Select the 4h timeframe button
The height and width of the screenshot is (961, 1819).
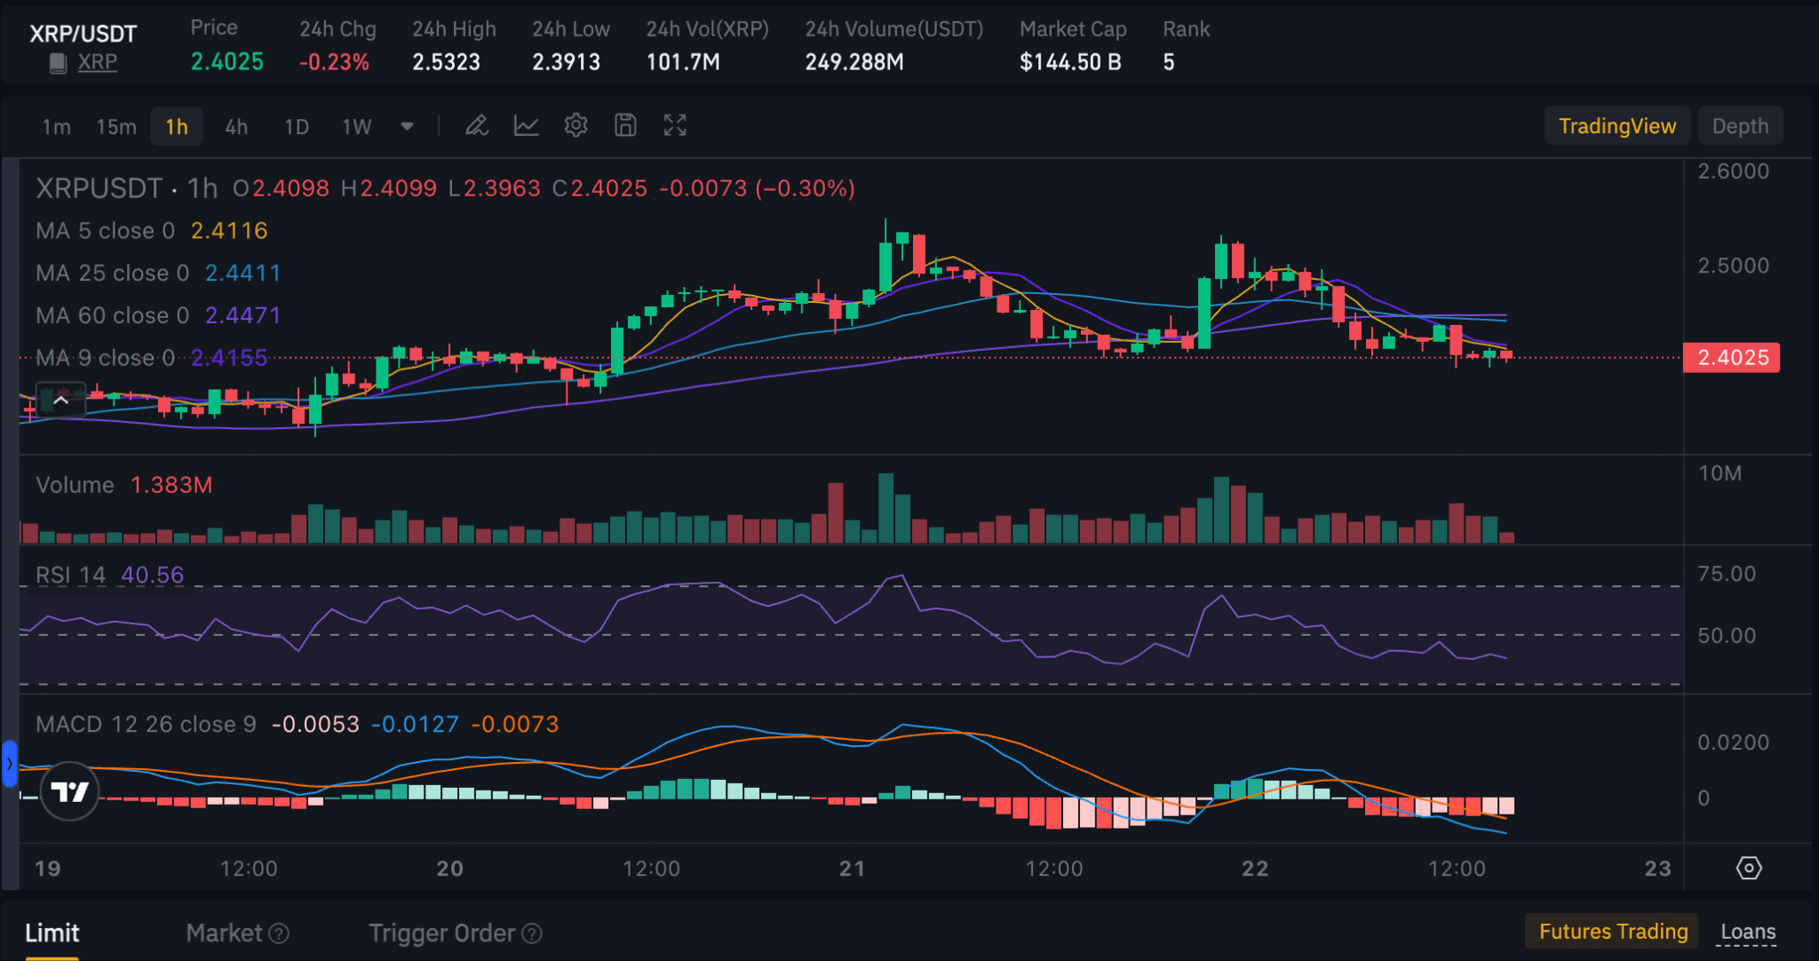pyautogui.click(x=235, y=126)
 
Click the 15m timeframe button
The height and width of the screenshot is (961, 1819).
pyautogui.click(x=116, y=126)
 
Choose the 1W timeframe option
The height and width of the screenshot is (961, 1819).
pyautogui.click(x=356, y=126)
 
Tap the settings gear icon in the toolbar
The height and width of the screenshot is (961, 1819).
pyautogui.click(x=576, y=126)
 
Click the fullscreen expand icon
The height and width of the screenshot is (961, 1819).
pyautogui.click(x=675, y=126)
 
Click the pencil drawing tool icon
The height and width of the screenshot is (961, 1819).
pyautogui.click(x=477, y=126)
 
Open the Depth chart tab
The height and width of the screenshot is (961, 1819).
pyautogui.click(x=1739, y=126)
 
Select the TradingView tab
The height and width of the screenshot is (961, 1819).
pyautogui.click(x=1616, y=126)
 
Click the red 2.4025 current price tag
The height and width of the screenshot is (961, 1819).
pyautogui.click(x=1732, y=358)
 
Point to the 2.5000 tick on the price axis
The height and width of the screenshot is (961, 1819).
pyautogui.click(x=1733, y=266)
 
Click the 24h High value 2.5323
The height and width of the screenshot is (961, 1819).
pyautogui.click(x=446, y=62)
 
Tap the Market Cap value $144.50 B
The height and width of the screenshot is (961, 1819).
pyautogui.click(x=1069, y=62)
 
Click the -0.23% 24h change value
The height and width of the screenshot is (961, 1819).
pyautogui.click(x=334, y=62)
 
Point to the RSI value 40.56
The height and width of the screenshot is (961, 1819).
pyautogui.click(x=152, y=576)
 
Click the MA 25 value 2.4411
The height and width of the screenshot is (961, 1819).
pyautogui.click(x=242, y=273)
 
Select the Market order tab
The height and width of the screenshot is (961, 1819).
pyautogui.click(x=224, y=933)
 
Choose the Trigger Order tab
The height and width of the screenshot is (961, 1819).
pyautogui.click(x=441, y=933)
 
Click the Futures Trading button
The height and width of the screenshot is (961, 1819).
pyautogui.click(x=1612, y=932)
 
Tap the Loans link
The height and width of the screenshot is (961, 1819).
pyautogui.click(x=1748, y=932)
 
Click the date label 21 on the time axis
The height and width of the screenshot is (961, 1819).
pyautogui.click(x=852, y=868)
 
